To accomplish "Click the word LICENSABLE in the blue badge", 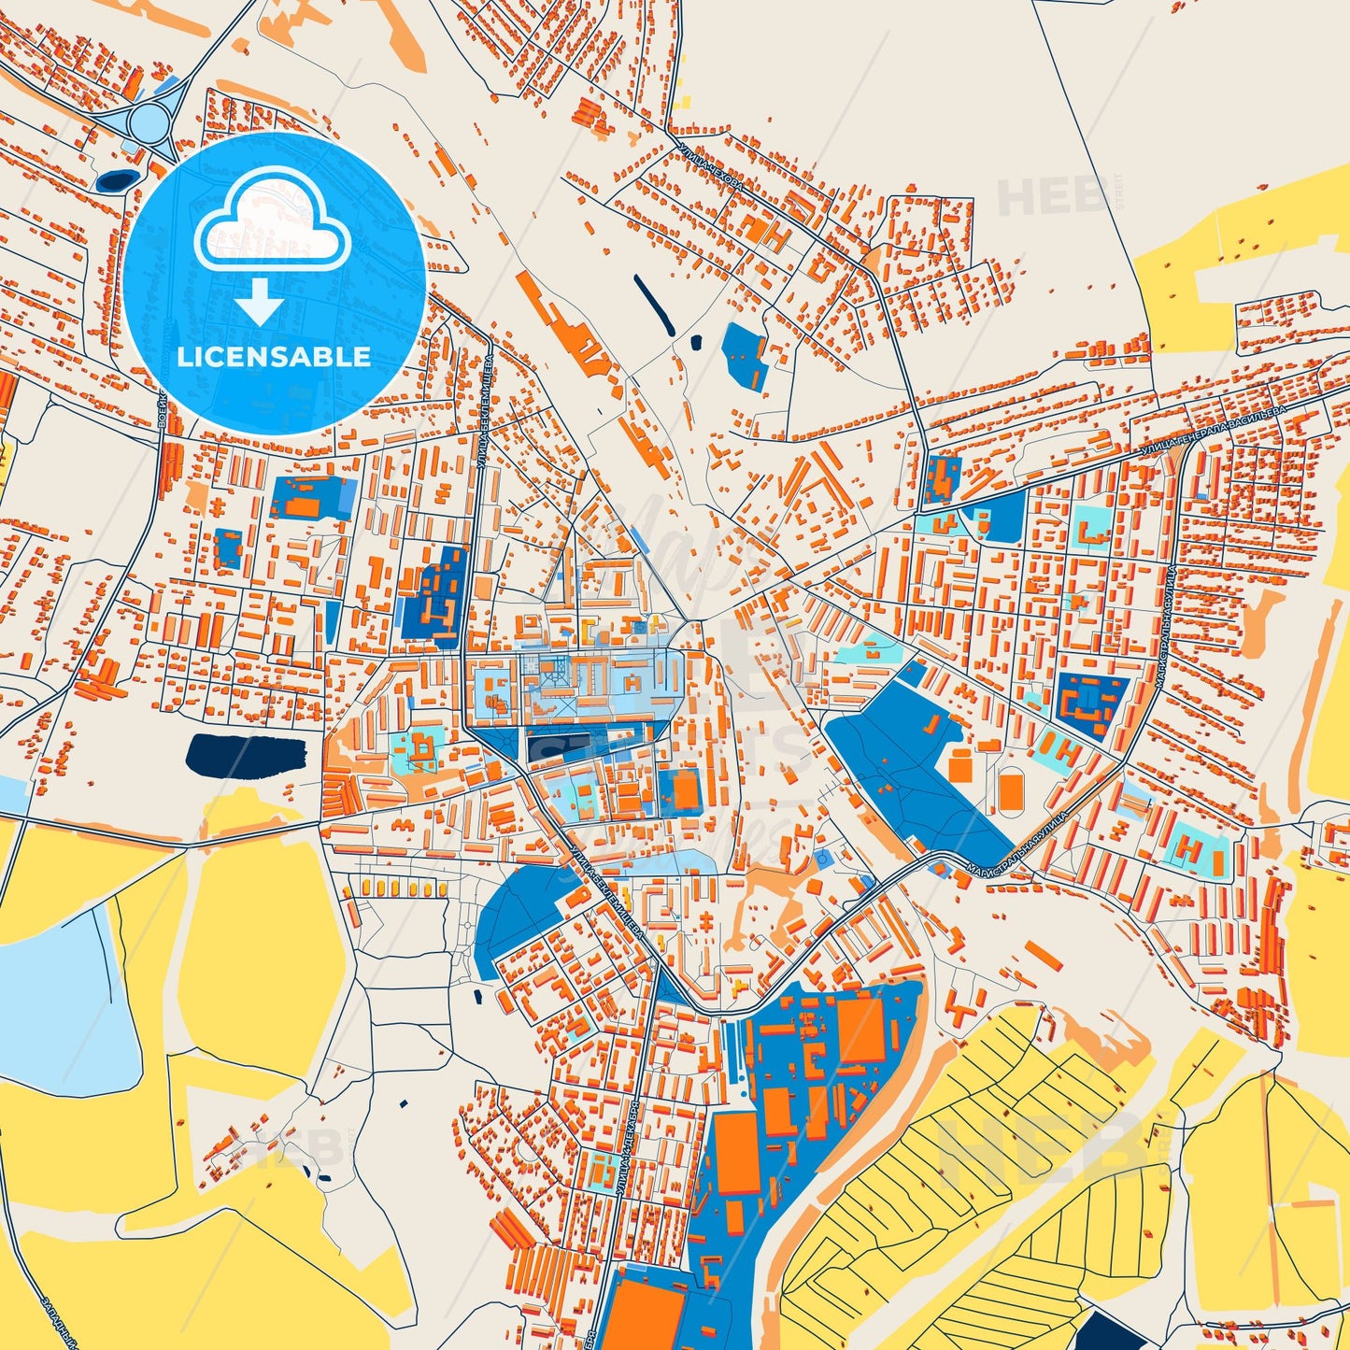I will point(274,356).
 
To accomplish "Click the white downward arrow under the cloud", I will point(260,302).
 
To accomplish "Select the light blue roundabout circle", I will point(149,121).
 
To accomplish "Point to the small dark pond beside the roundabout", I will point(115,179).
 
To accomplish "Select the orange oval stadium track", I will point(1010,789).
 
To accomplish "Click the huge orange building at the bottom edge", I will point(651,1313).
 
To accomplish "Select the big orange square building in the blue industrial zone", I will point(860,1029).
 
